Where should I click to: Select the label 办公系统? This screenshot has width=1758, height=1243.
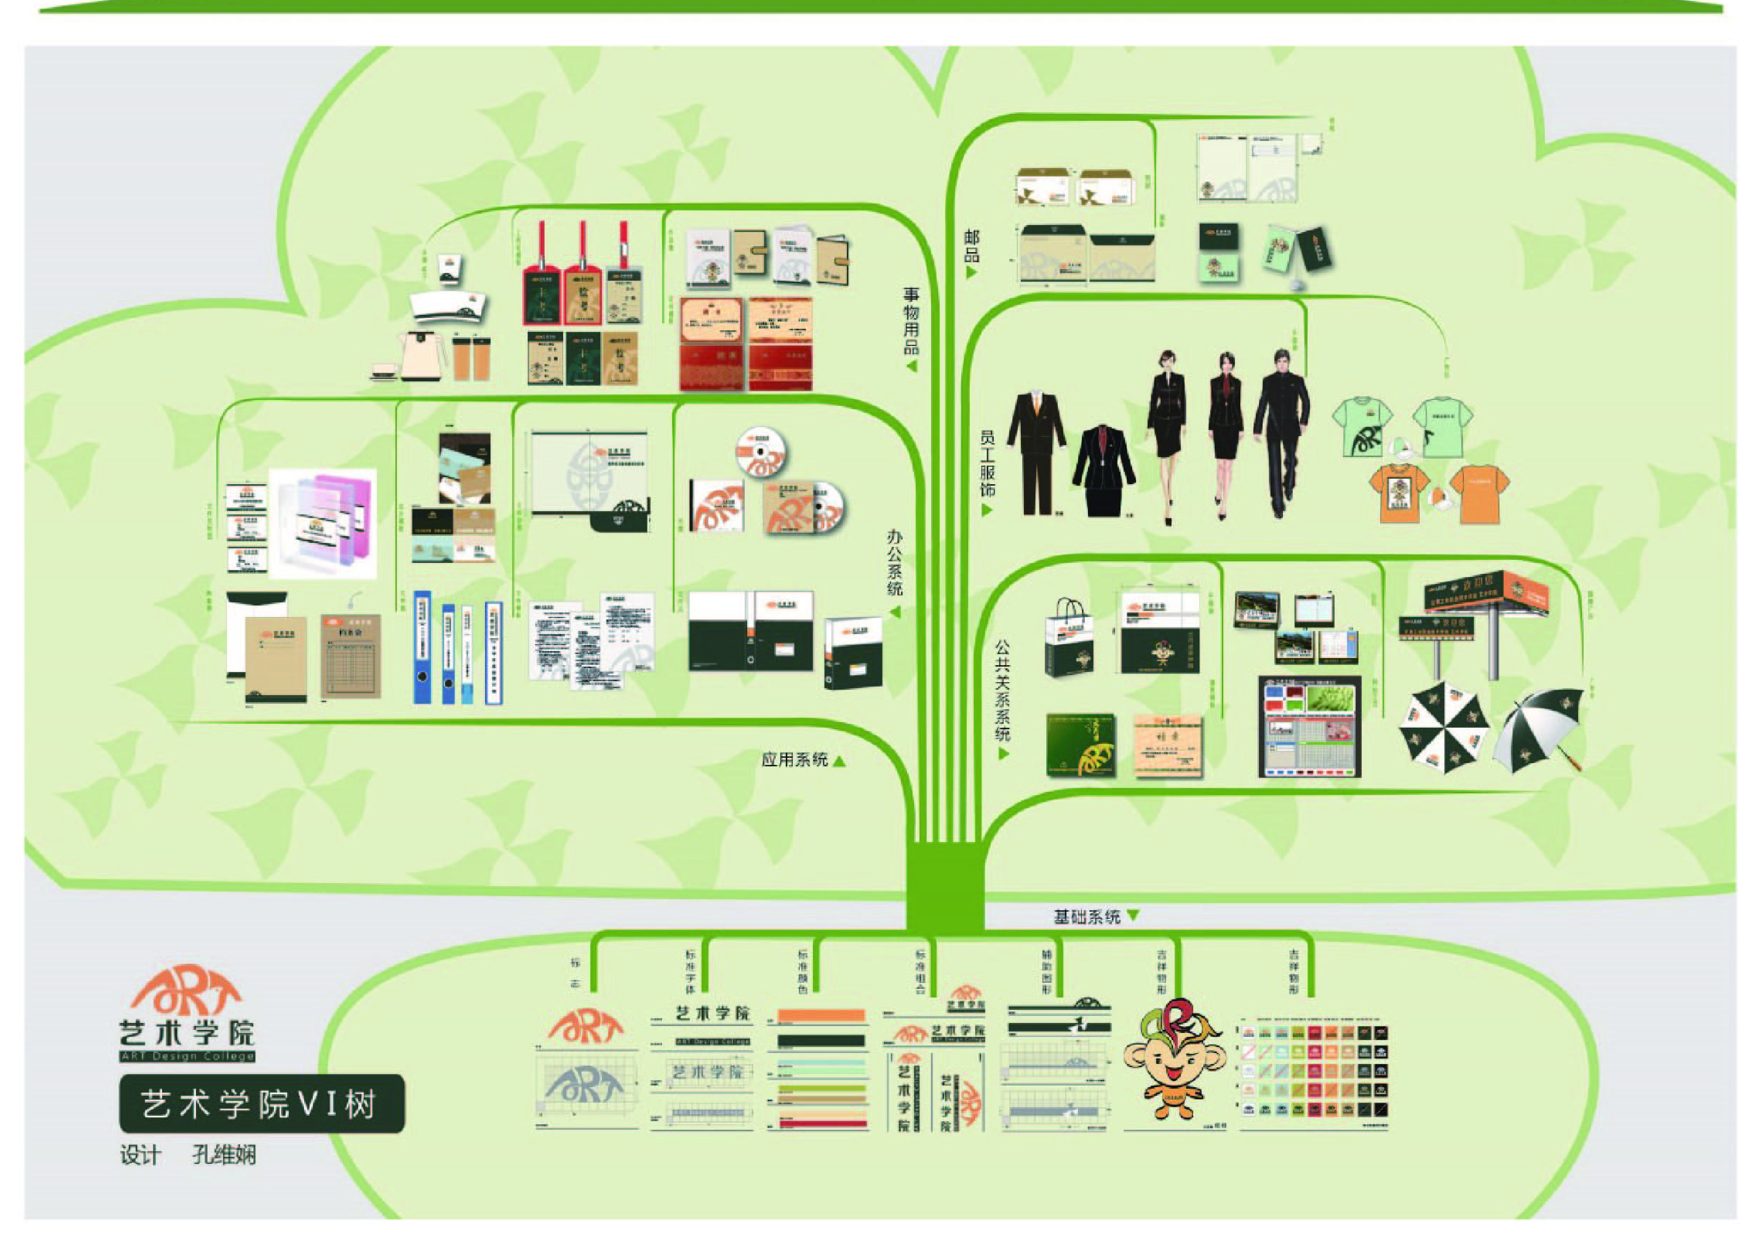pyautogui.click(x=895, y=562)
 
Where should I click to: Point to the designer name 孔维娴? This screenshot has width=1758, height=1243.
pyautogui.click(x=224, y=1155)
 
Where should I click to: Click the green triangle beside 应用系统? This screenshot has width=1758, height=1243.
pyautogui.click(x=840, y=760)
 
